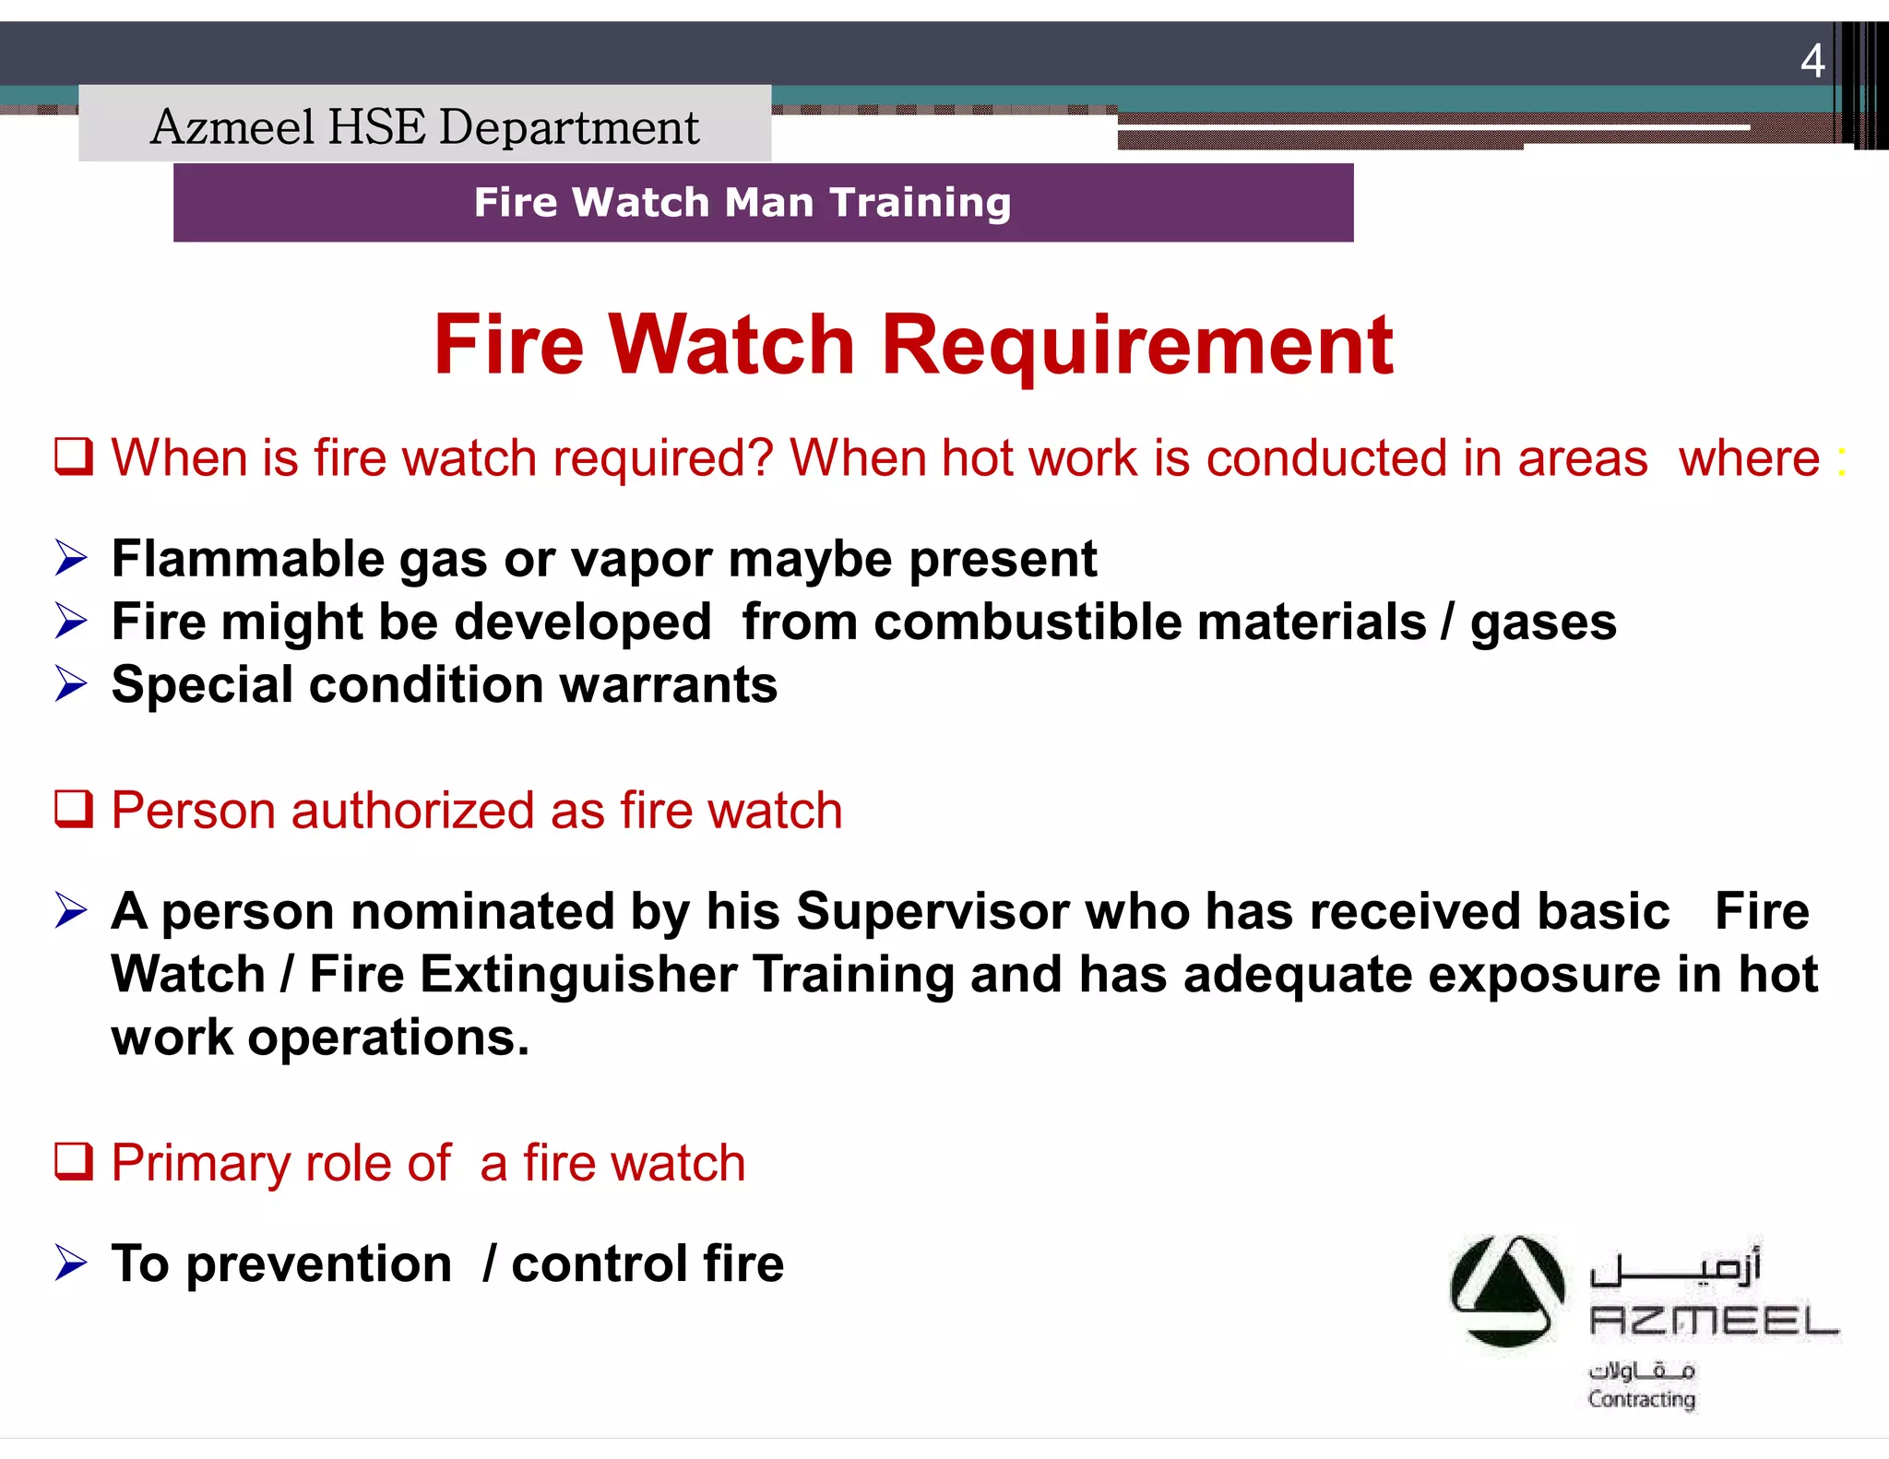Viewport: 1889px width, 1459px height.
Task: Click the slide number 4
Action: tap(1812, 62)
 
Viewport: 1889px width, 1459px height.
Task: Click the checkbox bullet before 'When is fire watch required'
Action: tap(74, 457)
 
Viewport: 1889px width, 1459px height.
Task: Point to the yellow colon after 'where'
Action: tap(1841, 460)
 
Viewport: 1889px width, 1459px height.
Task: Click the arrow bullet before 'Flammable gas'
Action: tap(71, 558)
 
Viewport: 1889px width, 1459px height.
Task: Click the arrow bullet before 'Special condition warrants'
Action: tap(71, 683)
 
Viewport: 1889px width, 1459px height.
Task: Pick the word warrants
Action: tap(668, 685)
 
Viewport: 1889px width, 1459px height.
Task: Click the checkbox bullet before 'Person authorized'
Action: tap(74, 809)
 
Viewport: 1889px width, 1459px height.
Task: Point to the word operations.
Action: tap(387, 1038)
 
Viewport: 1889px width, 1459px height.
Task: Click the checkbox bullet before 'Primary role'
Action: tap(74, 1161)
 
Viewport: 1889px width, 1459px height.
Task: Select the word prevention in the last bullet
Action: tap(318, 1264)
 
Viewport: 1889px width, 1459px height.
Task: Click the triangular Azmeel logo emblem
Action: tap(1507, 1290)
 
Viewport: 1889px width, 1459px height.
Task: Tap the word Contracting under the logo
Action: tap(1641, 1399)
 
